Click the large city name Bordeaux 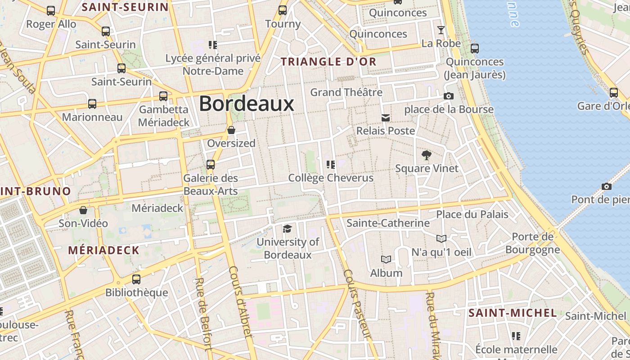click(246, 103)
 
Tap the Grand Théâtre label click(346, 92)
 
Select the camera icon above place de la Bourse click(449, 96)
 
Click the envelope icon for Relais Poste click(386, 118)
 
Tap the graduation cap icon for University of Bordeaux click(287, 229)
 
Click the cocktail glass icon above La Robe click(441, 30)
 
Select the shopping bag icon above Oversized click(231, 130)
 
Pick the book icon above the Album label click(386, 260)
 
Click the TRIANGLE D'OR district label click(328, 62)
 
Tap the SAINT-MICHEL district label click(513, 313)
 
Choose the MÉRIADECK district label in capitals click(103, 250)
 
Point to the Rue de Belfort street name click(203, 313)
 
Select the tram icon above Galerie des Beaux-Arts click(211, 165)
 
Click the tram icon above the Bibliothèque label click(136, 279)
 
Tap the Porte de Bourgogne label click(533, 243)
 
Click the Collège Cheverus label click(331, 178)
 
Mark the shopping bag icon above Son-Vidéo click(83, 210)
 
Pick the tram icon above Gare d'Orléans click(614, 93)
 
